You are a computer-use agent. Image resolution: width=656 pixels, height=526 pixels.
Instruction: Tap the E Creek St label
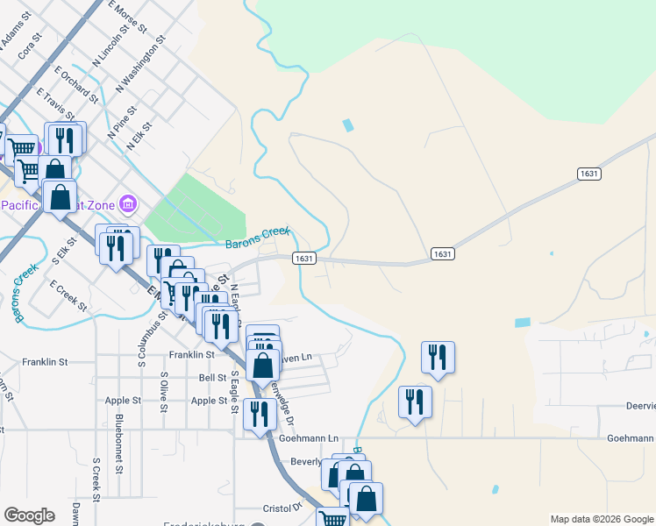tap(68, 295)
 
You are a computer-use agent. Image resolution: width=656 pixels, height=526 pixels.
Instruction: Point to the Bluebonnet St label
tap(118, 444)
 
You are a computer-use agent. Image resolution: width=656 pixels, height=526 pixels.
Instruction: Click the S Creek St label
tap(96, 474)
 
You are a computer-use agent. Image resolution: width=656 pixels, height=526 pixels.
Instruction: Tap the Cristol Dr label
tap(285, 507)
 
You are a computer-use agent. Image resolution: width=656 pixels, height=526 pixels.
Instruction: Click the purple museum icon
tap(129, 204)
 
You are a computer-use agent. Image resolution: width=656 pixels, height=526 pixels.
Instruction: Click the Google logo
tap(29, 515)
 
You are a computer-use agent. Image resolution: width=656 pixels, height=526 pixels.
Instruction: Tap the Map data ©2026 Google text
tap(601, 519)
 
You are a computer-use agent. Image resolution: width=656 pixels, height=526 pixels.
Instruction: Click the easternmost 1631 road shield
tap(589, 174)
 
